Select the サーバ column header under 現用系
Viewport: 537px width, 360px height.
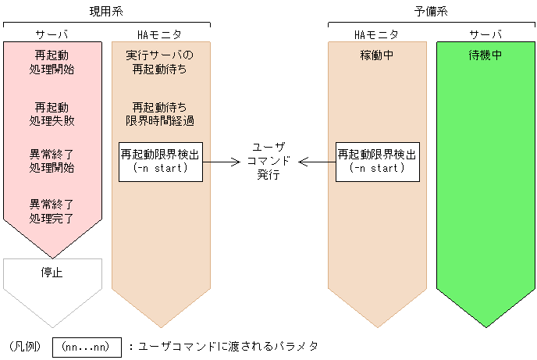(x=52, y=34)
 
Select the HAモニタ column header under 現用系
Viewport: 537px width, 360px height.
(x=160, y=34)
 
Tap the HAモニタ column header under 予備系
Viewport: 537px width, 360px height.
(x=376, y=34)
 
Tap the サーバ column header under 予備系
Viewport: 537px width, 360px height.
(x=485, y=34)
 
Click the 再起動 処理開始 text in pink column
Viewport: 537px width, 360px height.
(x=52, y=63)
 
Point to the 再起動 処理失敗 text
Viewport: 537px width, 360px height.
(x=52, y=114)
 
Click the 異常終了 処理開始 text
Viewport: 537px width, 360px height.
(x=52, y=161)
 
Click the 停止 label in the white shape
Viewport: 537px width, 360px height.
(x=52, y=273)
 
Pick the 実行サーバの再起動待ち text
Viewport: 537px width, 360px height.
(x=160, y=63)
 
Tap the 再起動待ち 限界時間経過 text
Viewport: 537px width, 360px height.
(x=160, y=114)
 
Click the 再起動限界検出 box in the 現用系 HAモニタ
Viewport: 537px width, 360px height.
(x=160, y=162)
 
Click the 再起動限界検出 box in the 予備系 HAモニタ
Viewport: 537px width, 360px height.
(x=376, y=162)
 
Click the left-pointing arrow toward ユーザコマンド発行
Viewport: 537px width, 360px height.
(x=316, y=162)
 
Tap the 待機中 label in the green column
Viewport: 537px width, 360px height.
(x=485, y=56)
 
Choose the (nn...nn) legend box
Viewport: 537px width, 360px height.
(x=87, y=346)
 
